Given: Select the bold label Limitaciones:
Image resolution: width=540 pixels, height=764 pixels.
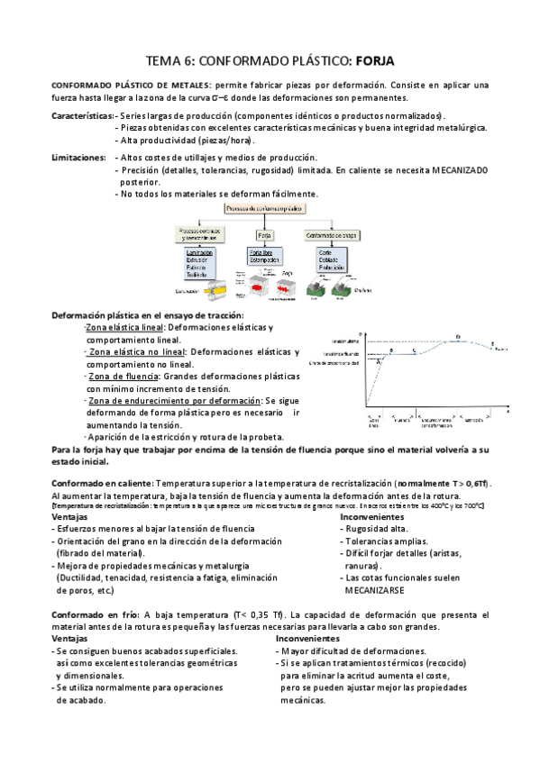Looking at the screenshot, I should [79, 157].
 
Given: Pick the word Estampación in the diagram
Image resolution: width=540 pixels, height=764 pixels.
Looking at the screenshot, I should [266, 260].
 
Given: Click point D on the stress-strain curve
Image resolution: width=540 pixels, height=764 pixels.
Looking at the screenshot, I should [458, 337].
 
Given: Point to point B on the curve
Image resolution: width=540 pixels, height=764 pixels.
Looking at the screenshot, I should [391, 350].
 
